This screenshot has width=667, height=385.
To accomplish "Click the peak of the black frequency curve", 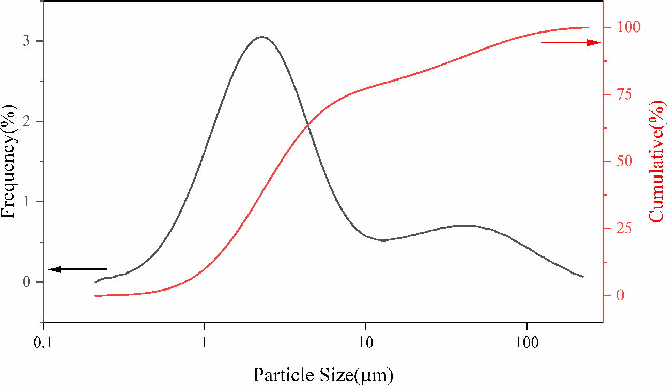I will coord(262,37).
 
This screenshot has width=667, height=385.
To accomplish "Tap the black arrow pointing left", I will coord(77,269).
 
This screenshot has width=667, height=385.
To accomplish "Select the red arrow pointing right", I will coord(571,42).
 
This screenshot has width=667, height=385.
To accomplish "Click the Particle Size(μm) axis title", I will coord(322,374).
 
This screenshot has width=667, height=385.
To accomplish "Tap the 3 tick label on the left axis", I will coord(25,41).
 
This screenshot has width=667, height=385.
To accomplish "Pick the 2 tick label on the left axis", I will coord(25,122).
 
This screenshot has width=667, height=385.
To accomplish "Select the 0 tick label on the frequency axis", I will coord(25,282).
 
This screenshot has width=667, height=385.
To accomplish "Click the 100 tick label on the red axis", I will coord(626,27).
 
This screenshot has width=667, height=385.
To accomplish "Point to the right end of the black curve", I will coord(583,277).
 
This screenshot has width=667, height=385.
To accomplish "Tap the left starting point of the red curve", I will coord(95,296).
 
